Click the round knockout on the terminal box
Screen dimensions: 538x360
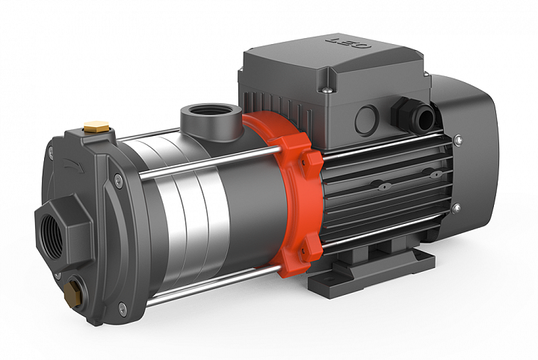click(366, 121)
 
